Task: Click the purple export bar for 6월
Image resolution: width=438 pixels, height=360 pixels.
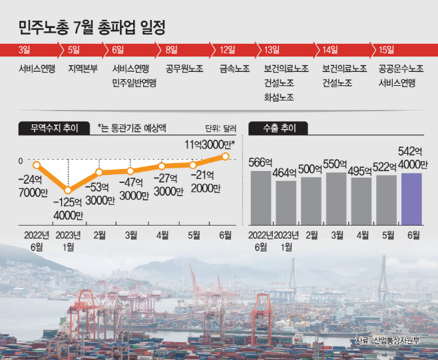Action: click(411, 199)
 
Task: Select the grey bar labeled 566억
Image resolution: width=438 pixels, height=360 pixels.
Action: click(261, 198)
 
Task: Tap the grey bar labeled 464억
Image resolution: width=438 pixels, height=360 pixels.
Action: click(286, 203)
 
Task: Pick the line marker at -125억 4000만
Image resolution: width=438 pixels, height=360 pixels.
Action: click(68, 190)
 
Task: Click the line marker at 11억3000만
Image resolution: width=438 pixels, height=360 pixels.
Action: click(226, 156)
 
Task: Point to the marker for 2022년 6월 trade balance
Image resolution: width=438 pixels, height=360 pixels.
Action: click(37, 165)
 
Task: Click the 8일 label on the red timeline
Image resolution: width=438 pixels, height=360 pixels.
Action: click(172, 50)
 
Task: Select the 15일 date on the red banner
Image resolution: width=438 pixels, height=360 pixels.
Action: click(386, 50)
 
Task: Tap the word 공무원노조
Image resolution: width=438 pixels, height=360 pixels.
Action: click(184, 69)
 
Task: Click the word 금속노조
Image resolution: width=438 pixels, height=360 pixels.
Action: click(234, 69)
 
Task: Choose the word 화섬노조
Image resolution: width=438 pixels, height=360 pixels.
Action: click(279, 97)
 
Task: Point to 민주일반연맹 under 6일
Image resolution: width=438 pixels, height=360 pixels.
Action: click(134, 83)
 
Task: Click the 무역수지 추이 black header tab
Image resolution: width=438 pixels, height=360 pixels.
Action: click(54, 128)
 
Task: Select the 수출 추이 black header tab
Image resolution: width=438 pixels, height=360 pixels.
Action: click(278, 128)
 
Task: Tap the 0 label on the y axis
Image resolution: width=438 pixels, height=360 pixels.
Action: click(21, 161)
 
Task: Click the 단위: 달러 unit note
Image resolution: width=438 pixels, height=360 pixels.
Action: click(221, 128)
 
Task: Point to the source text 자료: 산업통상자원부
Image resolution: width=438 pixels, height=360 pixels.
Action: click(387, 341)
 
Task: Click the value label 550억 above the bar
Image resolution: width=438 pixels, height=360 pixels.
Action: click(335, 164)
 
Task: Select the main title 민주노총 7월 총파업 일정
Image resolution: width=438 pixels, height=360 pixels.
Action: click(92, 27)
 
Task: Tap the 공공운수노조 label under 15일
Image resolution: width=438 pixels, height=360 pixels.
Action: click(401, 69)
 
